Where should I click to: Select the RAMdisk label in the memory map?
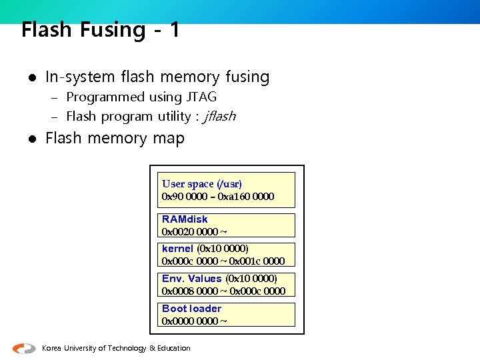[x=185, y=219]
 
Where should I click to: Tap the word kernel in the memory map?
[x=177, y=249]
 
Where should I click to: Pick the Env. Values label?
[x=191, y=279]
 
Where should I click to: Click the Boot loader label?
[x=191, y=309]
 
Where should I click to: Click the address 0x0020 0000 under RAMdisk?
[x=189, y=231]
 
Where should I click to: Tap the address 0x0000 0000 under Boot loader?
[x=189, y=321]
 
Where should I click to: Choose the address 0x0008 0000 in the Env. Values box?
[x=189, y=291]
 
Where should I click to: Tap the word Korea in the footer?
[x=52, y=348]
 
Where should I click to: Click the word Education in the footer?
[x=174, y=348]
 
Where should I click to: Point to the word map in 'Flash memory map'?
[x=170, y=139]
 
